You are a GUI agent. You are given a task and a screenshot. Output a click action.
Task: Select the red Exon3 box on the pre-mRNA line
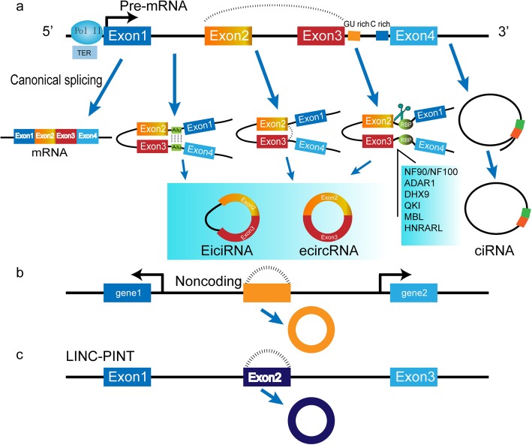[320, 35]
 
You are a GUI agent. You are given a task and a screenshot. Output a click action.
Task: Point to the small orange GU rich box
[355, 35]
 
